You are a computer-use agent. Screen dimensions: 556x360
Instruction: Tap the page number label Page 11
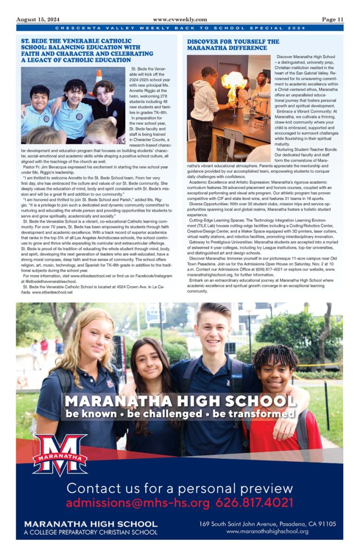(x=332, y=19)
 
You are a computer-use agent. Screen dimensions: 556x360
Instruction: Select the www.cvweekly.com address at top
(x=179, y=19)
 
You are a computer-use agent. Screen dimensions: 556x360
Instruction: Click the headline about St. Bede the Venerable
(x=79, y=50)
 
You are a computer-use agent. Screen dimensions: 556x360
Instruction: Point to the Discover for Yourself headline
(x=233, y=45)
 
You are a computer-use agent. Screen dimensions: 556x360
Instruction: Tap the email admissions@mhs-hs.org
(x=137, y=503)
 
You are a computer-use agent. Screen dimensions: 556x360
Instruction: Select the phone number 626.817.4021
(x=255, y=503)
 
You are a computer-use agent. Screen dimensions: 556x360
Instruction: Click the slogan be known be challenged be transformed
(x=180, y=414)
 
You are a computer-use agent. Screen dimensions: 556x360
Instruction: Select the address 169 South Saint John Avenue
(x=268, y=524)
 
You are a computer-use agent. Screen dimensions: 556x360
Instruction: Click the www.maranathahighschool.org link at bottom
(x=268, y=532)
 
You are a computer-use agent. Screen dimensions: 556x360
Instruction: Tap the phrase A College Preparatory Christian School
(x=91, y=533)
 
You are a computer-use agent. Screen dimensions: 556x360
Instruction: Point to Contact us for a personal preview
(x=180, y=488)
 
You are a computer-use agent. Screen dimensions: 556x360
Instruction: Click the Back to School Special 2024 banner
(x=180, y=28)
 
